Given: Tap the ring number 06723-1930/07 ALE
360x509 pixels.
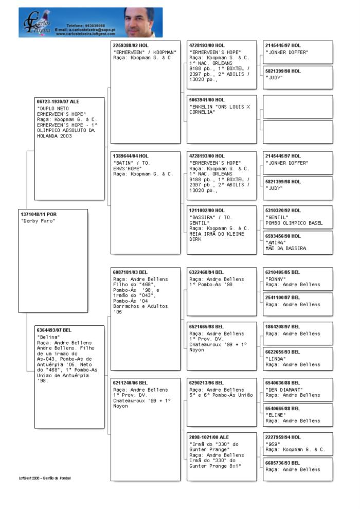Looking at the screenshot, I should point(58,102).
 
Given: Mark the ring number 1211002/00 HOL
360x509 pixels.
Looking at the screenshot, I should point(207,210).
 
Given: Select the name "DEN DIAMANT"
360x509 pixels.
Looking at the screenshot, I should point(284,389).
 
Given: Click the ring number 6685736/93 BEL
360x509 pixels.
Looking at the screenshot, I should point(283,463).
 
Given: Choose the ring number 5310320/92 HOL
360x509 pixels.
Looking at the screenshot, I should point(283,210).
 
